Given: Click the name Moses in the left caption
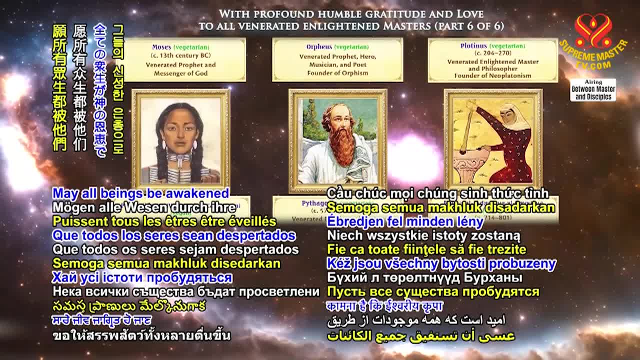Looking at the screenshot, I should click(161, 47).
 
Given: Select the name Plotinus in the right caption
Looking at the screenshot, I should click(473, 45).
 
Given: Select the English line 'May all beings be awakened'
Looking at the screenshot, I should click(141, 193).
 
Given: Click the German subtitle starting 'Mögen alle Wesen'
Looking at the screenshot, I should click(144, 207).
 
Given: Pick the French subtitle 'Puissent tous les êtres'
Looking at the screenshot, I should click(164, 221).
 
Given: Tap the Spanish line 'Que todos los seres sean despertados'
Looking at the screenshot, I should click(174, 235).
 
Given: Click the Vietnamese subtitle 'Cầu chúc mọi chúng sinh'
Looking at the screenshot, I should click(437, 193).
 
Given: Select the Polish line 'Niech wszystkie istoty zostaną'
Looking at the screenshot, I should click(423, 235).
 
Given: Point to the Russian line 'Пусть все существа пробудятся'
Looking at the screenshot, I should click(433, 291).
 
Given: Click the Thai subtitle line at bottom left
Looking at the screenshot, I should click(141, 335).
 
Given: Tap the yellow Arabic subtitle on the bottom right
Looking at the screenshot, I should click(421, 335).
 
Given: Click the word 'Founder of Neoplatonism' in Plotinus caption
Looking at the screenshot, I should click(492, 75).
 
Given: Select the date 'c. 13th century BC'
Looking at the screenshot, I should click(181, 55).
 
